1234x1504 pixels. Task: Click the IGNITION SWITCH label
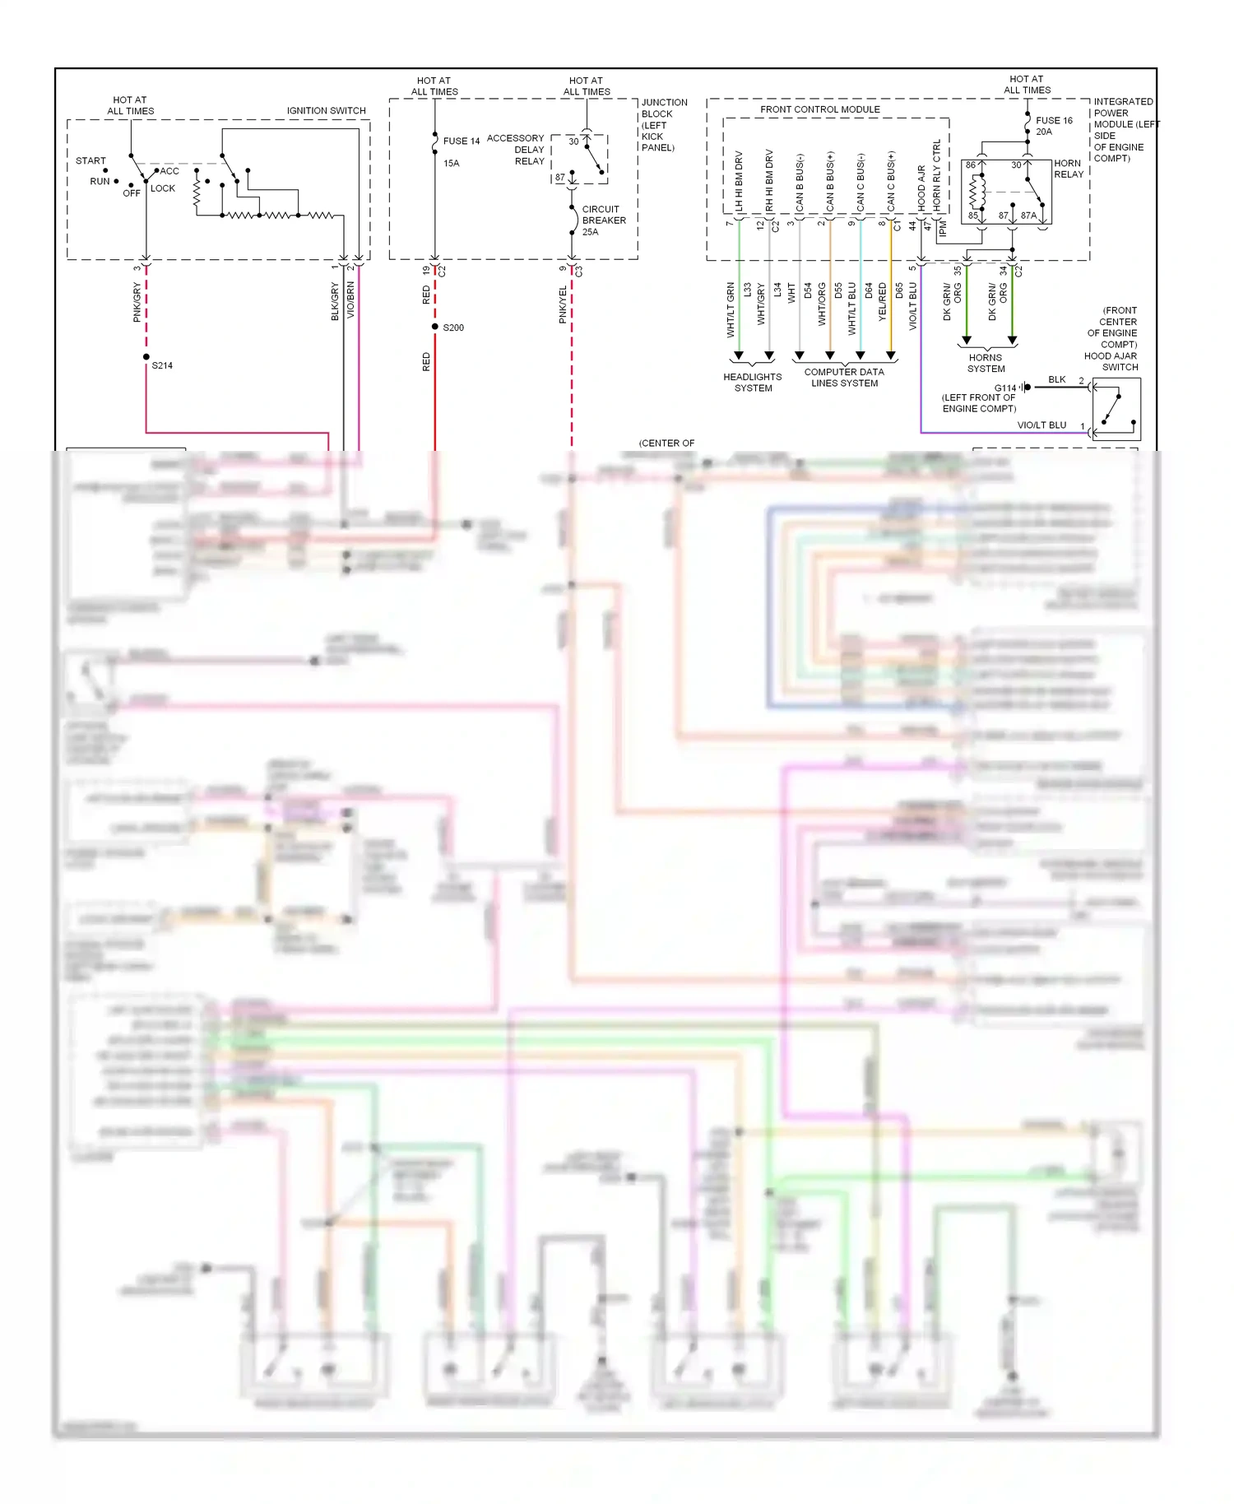[326, 110]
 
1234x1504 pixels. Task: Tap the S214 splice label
[162, 365]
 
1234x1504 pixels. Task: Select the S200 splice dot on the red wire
[435, 327]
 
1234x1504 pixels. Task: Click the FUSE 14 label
[461, 141]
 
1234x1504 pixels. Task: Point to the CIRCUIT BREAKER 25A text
[603, 220]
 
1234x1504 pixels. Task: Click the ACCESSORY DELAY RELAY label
[516, 149]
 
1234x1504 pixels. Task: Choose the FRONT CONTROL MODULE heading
[819, 109]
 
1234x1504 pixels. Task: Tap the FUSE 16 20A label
[1053, 126]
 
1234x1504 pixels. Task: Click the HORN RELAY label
[1068, 169]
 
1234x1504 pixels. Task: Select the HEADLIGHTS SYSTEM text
[752, 383]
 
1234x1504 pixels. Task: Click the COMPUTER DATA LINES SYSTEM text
[844, 378]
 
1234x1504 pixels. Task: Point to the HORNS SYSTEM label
[986, 363]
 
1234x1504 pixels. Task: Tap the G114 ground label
[1004, 388]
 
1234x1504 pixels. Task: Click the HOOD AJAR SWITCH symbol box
[1116, 409]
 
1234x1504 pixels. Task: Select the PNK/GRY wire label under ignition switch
[137, 302]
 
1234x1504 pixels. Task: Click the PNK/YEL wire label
[563, 304]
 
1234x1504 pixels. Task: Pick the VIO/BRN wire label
[350, 299]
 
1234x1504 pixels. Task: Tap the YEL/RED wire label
[882, 301]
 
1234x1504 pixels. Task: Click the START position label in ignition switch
[90, 160]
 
